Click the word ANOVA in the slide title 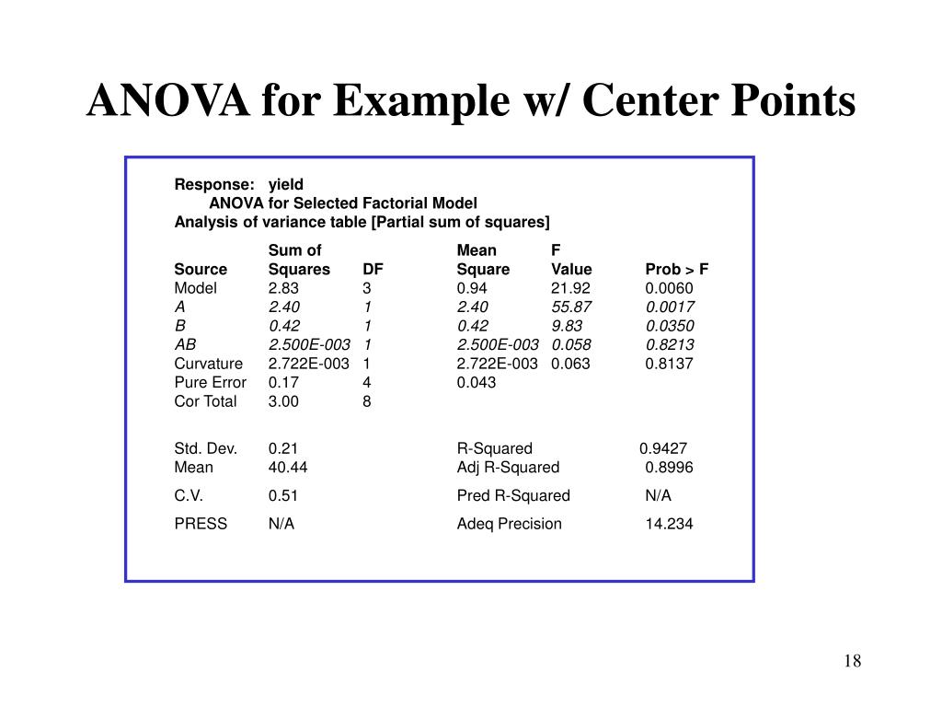point(168,100)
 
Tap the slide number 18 point(851,662)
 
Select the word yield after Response point(285,184)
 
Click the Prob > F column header point(676,270)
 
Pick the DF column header point(373,270)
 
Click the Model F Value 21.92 point(570,288)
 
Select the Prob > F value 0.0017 point(670,307)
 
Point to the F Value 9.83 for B point(567,326)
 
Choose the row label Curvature point(209,364)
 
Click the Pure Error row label point(211,382)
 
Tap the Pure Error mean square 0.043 point(477,382)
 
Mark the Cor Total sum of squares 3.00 point(283,401)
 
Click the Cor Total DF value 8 point(367,401)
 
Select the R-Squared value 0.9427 point(663,448)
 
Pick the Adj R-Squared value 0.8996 point(669,468)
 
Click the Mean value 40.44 point(288,468)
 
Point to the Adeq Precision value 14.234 point(669,524)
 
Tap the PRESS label point(201,524)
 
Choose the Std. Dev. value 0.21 point(283,448)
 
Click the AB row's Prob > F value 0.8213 point(670,344)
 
